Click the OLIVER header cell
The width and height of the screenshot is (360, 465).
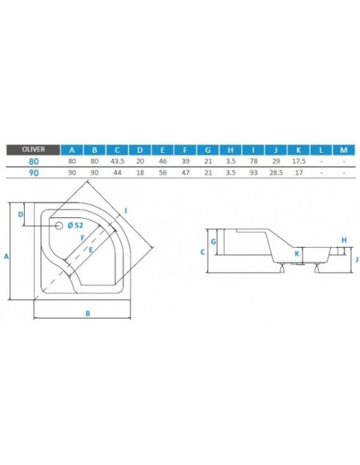[33, 150]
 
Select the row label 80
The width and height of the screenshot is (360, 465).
[33, 162]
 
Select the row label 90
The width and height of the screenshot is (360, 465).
[33, 173]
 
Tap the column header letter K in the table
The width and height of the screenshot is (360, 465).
[299, 150]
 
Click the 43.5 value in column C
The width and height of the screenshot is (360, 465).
[117, 161]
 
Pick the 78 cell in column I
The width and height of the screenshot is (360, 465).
[253, 161]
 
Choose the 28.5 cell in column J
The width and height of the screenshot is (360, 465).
[276, 172]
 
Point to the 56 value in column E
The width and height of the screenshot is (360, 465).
[162, 172]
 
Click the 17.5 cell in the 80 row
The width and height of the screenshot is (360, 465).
[299, 161]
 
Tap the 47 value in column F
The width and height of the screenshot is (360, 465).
[186, 172]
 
